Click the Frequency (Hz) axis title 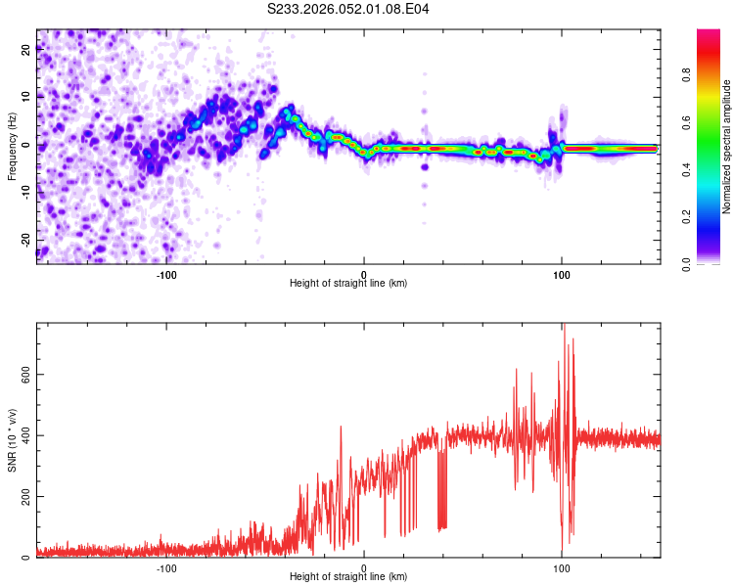12,145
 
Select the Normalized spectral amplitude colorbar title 727,146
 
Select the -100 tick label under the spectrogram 166,273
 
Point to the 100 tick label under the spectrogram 562,273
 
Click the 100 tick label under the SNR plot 562,567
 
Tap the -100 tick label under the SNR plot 166,567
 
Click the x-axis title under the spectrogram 348,283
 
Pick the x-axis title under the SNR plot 348,577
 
